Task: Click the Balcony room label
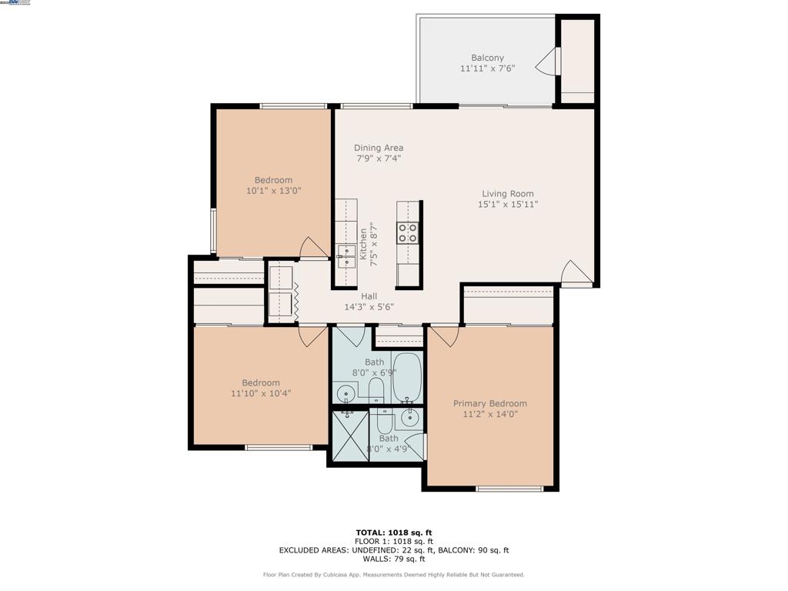487,58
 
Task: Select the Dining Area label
379,148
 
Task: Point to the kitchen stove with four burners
408,232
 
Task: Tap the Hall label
369,296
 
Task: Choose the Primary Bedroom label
489,403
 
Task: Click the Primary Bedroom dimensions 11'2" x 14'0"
489,414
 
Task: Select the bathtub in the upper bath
406,377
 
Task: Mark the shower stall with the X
349,435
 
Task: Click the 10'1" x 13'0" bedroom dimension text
273,190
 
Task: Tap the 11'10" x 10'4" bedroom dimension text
261,393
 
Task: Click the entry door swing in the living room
576,274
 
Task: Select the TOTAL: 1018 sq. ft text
393,533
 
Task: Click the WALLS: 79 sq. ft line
393,559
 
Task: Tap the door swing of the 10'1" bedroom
313,248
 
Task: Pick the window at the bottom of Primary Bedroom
509,489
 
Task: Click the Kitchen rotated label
363,244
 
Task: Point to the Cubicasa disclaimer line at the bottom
393,575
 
